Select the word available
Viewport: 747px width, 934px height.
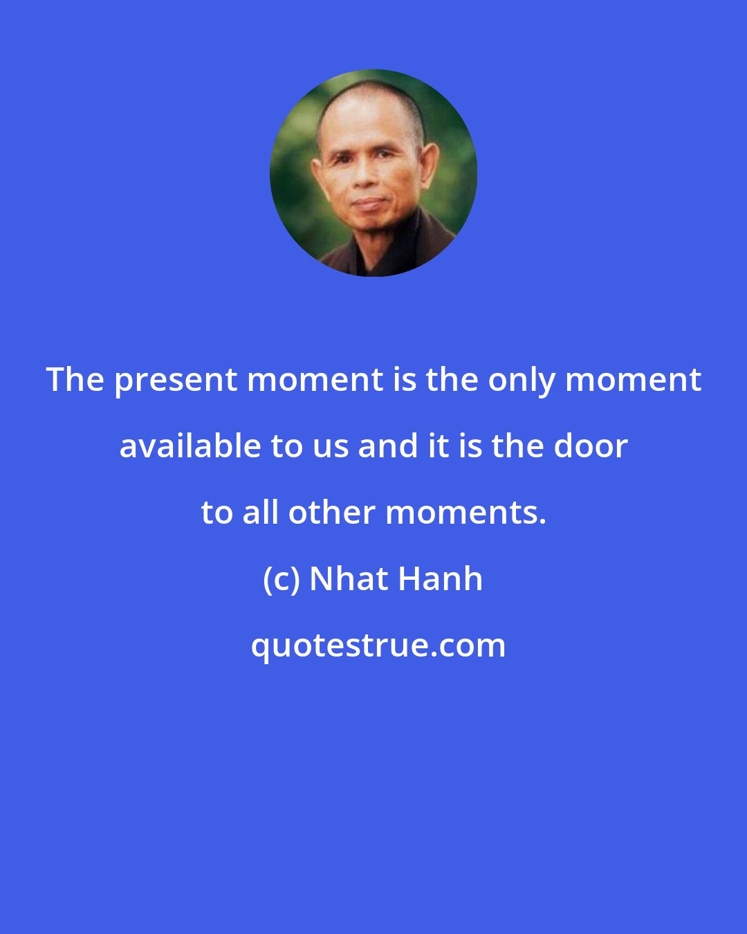tap(190, 446)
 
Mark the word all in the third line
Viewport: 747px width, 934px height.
tap(264, 513)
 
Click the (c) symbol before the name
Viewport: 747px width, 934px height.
tap(281, 580)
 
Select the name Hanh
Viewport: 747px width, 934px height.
tap(439, 579)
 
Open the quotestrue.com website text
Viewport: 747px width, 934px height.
tap(378, 646)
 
